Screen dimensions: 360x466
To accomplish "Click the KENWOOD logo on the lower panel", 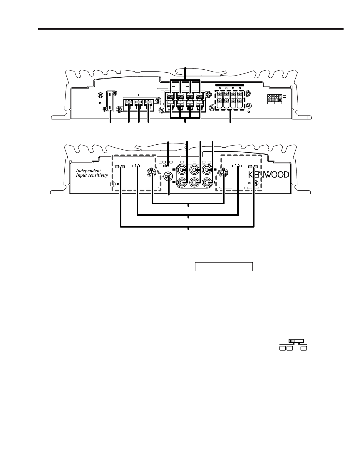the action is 269,175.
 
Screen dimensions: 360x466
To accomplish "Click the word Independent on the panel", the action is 88,171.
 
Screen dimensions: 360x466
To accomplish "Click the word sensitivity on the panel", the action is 98,175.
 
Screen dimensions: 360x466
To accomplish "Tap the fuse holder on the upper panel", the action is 110,101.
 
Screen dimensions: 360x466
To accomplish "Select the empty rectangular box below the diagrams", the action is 224,267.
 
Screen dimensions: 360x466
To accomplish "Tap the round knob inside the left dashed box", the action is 151,173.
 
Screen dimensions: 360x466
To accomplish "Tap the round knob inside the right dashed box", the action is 224,173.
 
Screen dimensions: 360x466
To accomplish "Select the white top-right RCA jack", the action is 207,170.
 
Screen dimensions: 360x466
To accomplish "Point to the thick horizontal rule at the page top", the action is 191,29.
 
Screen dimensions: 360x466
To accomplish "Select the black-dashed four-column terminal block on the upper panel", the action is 230,100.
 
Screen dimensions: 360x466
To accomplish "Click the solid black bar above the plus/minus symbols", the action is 230,85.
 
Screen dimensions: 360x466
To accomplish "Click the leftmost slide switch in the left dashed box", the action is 120,167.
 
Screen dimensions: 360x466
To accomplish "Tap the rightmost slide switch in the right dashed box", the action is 253,167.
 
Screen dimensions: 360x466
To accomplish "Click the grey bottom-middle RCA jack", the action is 194,183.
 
